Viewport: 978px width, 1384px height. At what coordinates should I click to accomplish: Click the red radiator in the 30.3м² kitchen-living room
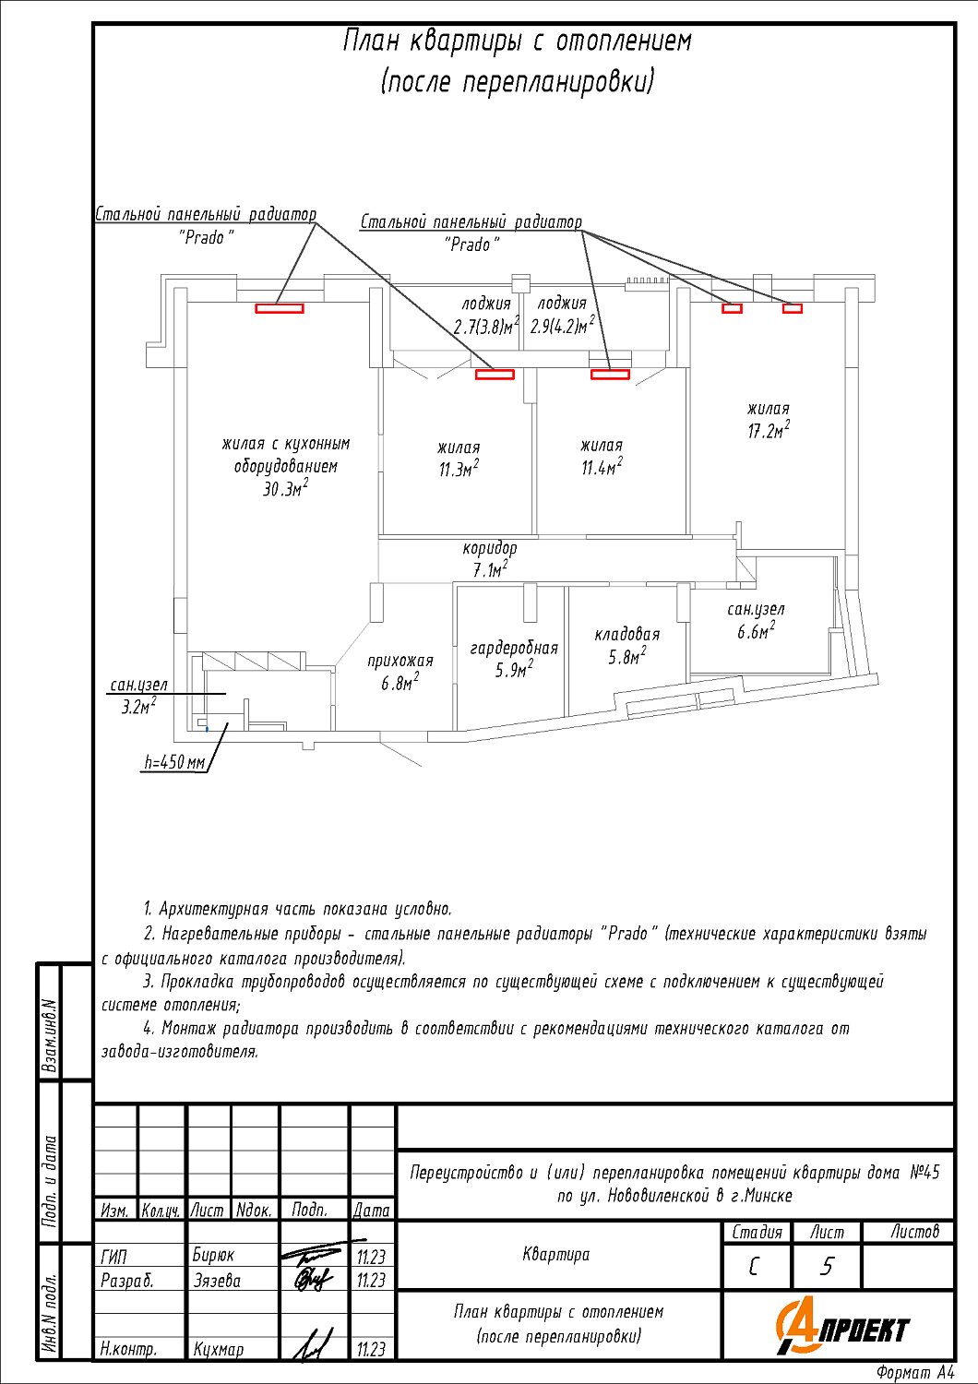(280, 309)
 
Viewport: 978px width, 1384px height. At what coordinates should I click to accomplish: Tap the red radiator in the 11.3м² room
(495, 374)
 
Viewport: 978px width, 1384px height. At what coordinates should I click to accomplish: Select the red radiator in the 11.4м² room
(610, 374)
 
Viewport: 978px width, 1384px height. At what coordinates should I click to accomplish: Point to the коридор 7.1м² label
(490, 559)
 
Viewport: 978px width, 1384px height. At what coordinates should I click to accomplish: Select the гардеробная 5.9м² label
(514, 659)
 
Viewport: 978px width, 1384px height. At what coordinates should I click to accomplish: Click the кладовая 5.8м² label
(627, 645)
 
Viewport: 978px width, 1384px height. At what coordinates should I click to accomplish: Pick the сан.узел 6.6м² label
(756, 620)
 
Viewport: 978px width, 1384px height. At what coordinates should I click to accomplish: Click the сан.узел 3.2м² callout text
(139, 696)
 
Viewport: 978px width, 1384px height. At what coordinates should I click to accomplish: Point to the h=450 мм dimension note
(174, 763)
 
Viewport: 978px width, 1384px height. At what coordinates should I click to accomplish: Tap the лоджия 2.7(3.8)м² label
(486, 315)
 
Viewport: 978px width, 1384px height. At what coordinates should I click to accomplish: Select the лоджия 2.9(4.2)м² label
(562, 315)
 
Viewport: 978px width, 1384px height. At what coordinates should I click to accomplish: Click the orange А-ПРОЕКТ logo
(841, 1327)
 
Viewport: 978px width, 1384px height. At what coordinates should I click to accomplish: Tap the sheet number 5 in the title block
(827, 1266)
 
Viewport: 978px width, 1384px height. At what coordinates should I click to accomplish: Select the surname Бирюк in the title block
(213, 1255)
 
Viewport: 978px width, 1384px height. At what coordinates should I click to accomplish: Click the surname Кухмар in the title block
(219, 1349)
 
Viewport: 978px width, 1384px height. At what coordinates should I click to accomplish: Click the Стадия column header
(757, 1232)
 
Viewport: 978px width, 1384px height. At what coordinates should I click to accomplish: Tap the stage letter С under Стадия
(755, 1266)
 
